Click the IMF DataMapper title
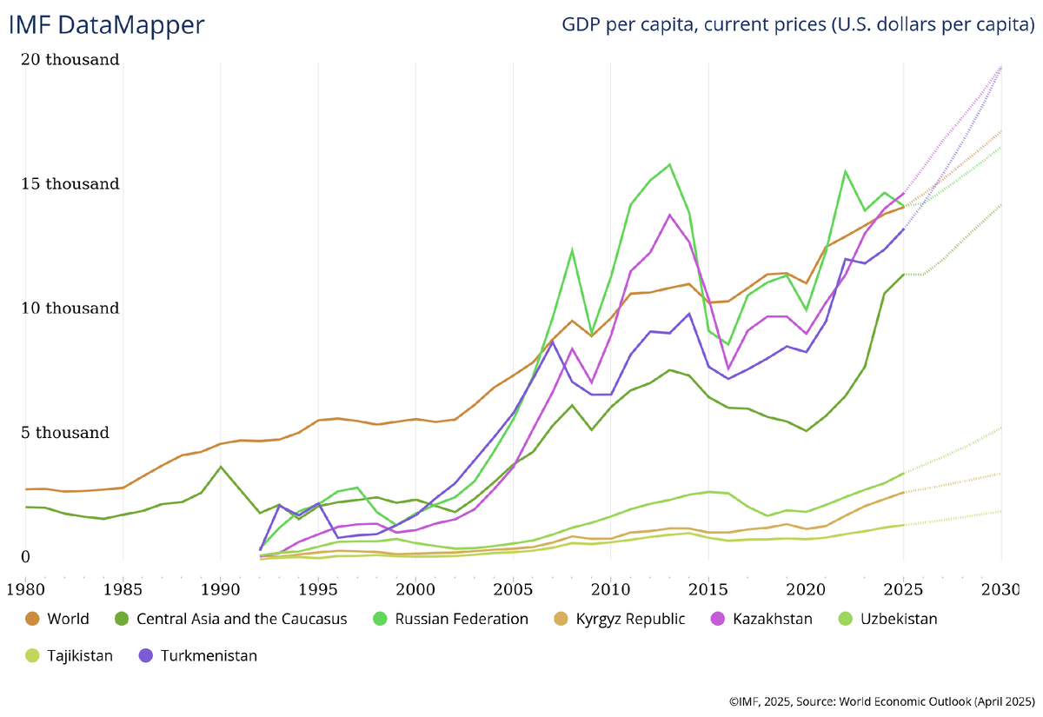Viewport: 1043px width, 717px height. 106,24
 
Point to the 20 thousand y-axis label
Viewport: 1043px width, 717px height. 72,60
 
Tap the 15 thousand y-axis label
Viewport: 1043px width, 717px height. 72,184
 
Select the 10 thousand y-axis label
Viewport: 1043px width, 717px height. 72,309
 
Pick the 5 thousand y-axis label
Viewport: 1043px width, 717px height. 67,433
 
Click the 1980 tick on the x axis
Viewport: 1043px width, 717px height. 24,589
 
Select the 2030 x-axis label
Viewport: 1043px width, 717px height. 1001,589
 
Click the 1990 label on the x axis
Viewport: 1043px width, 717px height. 220,589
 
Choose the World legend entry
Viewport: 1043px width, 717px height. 68,619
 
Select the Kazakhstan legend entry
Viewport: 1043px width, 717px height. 773,619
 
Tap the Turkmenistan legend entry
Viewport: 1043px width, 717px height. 209,655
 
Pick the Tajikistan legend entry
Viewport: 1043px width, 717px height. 80,655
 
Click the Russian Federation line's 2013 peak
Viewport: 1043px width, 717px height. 669,164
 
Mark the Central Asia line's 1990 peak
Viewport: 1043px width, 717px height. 221,467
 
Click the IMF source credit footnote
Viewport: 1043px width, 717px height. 880,700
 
